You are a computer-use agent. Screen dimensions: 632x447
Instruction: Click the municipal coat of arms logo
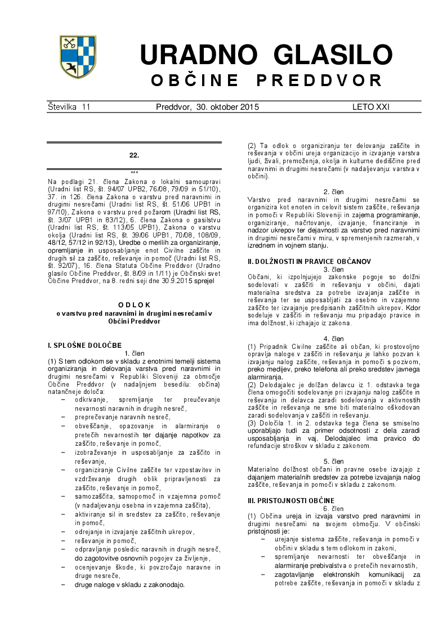point(78,57)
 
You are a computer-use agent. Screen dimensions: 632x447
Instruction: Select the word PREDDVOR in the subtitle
point(319,80)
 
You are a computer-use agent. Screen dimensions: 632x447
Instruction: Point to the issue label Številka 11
point(69,107)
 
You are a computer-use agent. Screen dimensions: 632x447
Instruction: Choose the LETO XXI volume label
point(371,107)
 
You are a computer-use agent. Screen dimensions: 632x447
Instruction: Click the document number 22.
point(134,155)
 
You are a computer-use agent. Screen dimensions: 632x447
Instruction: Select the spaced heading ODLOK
point(134,304)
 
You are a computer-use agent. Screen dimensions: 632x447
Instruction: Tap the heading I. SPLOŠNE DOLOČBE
point(84,344)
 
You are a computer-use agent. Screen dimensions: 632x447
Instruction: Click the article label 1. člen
point(134,353)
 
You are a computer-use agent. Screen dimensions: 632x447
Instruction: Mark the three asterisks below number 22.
point(134,173)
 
